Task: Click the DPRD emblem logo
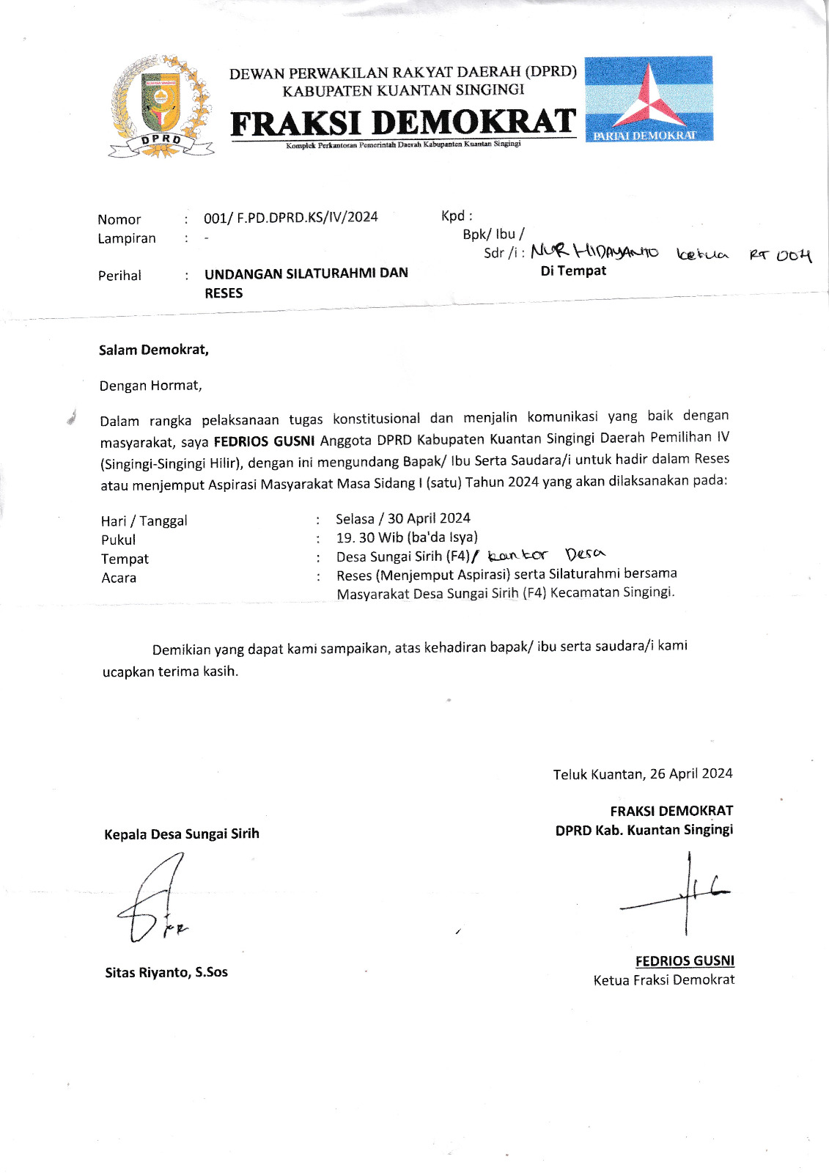tap(161, 107)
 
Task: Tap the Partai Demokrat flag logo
tap(649, 99)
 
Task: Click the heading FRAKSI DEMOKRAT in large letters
tap(403, 122)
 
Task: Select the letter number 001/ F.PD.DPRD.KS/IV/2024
tap(291, 217)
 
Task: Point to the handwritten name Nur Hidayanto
tap(594, 252)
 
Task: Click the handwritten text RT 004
tap(780, 255)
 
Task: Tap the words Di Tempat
tap(573, 271)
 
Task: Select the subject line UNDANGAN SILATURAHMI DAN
tap(306, 273)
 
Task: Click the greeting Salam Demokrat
tap(154, 350)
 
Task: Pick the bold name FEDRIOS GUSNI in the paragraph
tap(264, 441)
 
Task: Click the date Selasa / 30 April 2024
tap(403, 518)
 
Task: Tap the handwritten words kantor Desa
tap(547, 555)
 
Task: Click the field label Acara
tap(119, 578)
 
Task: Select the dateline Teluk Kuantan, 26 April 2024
tap(643, 773)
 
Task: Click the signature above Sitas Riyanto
tap(152, 902)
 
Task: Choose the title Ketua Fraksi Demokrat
tap(663, 979)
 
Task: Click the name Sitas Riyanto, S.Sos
tap(166, 972)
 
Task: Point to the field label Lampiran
tap(127, 238)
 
